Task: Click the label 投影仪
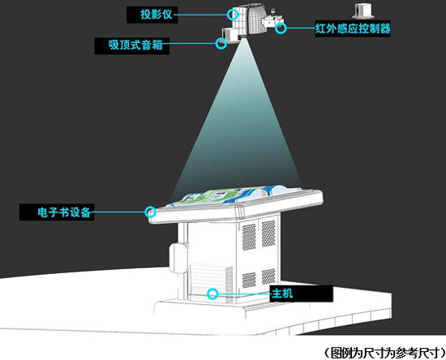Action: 157,15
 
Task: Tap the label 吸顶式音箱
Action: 135,45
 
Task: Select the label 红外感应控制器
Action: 353,28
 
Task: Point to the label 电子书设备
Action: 64,212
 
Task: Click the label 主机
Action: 282,294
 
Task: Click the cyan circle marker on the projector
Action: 233,15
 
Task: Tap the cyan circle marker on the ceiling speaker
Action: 221,44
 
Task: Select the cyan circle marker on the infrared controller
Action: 281,28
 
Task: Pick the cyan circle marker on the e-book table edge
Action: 151,212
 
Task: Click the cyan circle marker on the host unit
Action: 212,294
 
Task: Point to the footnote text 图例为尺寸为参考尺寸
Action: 384,353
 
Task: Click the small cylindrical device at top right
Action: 363,11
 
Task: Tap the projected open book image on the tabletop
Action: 234,195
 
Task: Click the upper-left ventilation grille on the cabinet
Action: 249,237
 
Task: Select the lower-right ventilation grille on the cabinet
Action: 268,276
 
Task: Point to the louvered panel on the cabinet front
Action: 211,283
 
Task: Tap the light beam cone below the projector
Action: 236,119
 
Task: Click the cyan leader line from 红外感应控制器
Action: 301,28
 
